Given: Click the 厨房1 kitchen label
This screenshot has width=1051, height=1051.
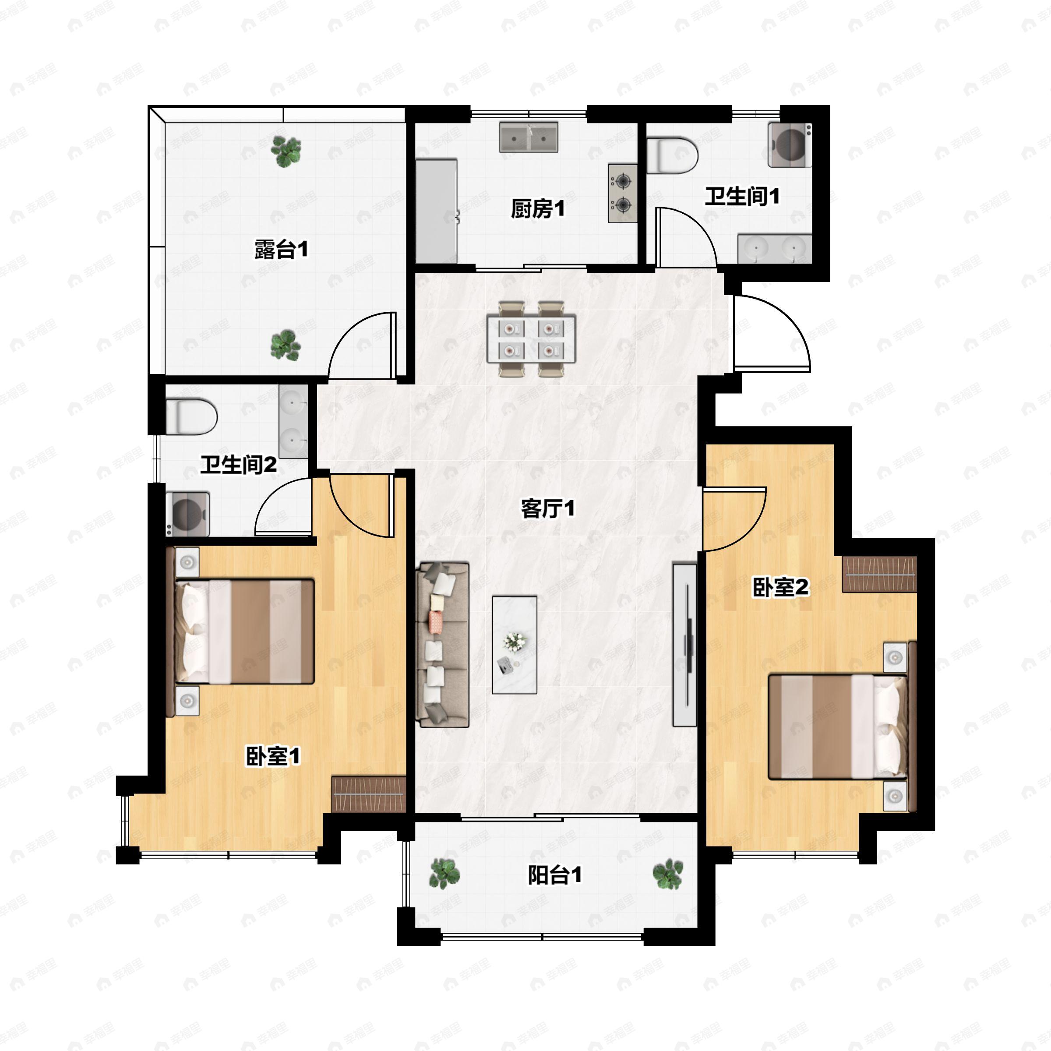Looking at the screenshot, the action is pos(537,208).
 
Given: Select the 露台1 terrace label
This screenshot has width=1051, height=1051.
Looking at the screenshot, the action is pos(282,249).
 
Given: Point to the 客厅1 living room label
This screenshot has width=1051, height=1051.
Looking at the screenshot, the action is pos(547,508).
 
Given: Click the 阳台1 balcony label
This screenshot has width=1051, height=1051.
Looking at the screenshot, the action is pos(555,875).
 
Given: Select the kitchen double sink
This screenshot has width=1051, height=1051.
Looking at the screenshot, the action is pos(529,137).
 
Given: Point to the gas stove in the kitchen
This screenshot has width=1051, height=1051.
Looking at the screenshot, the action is pos(622,193).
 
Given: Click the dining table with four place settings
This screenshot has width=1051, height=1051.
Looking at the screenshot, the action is pos(531,339).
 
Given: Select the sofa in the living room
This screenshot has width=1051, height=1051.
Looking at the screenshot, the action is pos(442,645).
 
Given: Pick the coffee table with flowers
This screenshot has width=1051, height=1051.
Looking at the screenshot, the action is pos(515,645).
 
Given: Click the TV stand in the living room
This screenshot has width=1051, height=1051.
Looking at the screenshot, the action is pos(685,645).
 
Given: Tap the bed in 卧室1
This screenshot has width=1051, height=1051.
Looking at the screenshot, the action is pos(244,631).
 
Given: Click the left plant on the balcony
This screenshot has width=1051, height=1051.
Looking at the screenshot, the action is pos(444,874).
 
